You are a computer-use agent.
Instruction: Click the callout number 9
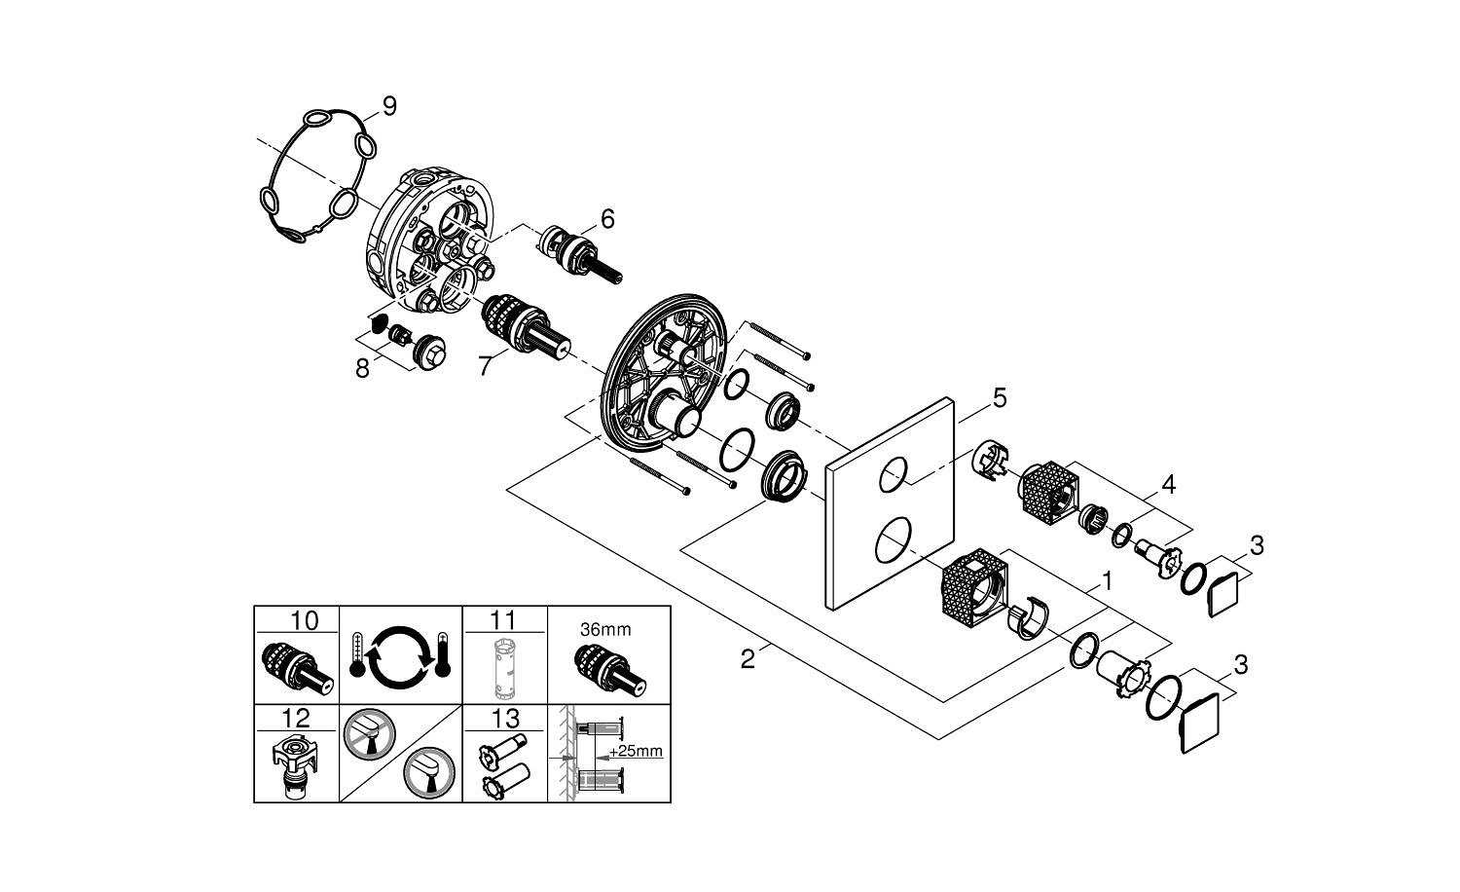[389, 106]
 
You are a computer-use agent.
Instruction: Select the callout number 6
[607, 219]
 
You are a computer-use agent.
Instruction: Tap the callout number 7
[484, 365]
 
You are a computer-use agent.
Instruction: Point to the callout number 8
[362, 369]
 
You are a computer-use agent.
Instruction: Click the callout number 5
[1000, 397]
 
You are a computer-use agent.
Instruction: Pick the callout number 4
[1168, 484]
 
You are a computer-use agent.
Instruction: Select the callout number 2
[748, 659]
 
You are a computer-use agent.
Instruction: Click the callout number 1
[1105, 582]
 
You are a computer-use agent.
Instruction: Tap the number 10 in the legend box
[304, 620]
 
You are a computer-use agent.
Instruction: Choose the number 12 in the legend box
[296, 719]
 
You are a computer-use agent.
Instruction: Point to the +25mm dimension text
[638, 750]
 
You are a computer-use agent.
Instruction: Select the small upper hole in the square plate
[894, 476]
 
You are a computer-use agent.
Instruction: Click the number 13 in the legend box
[504, 719]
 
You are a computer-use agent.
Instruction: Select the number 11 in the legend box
[504, 620]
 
